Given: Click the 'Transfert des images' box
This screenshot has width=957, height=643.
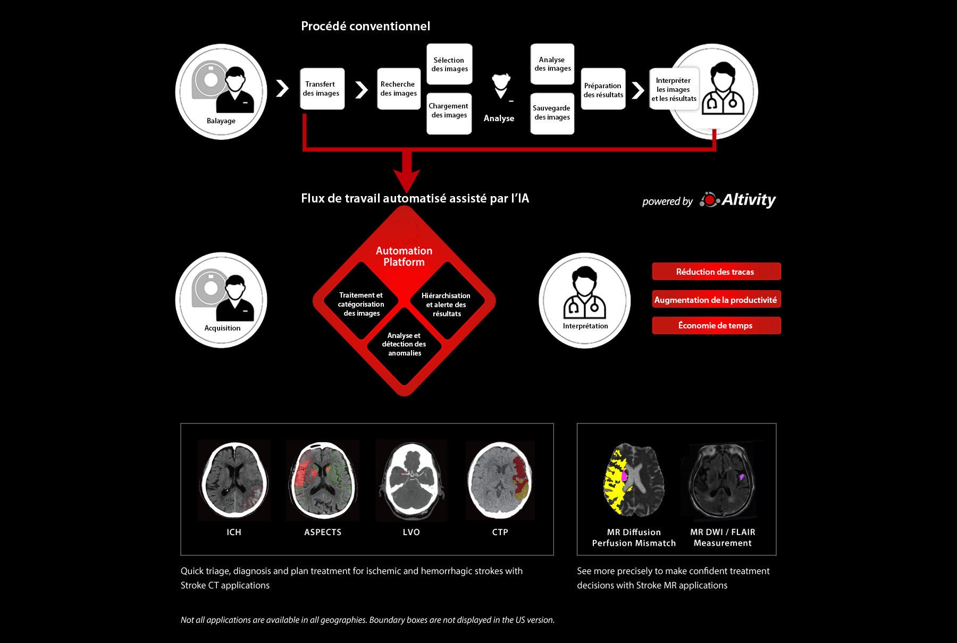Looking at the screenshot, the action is click(x=322, y=89).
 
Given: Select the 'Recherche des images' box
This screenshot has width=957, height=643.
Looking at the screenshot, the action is click(x=399, y=89).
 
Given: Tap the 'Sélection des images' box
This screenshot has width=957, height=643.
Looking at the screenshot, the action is click(x=449, y=64).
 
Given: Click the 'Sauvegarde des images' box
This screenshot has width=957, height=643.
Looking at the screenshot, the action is click(x=552, y=113).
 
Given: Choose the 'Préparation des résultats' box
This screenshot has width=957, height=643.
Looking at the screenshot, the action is click(x=603, y=89).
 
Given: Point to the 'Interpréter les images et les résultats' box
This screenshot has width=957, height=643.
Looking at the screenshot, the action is click(x=674, y=89).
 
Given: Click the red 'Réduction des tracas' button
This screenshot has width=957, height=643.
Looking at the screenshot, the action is click(x=716, y=272).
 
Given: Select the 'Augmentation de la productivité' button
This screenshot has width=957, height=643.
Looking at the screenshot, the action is click(x=716, y=299).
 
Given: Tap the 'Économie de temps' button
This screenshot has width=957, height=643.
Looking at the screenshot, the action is click(x=716, y=325).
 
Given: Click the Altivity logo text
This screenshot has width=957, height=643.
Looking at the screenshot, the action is click(x=749, y=200).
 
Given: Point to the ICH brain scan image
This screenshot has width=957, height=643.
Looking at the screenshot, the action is click(x=234, y=480).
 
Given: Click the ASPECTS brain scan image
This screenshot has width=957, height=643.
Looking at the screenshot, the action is click(x=323, y=480).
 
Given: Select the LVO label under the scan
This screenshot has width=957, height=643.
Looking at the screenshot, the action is click(x=412, y=532).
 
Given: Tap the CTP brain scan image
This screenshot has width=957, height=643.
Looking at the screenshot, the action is click(x=500, y=480).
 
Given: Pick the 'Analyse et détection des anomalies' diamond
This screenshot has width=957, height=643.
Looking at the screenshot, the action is click(x=404, y=344).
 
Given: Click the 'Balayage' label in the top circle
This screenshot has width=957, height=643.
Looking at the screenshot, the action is click(x=221, y=121).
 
